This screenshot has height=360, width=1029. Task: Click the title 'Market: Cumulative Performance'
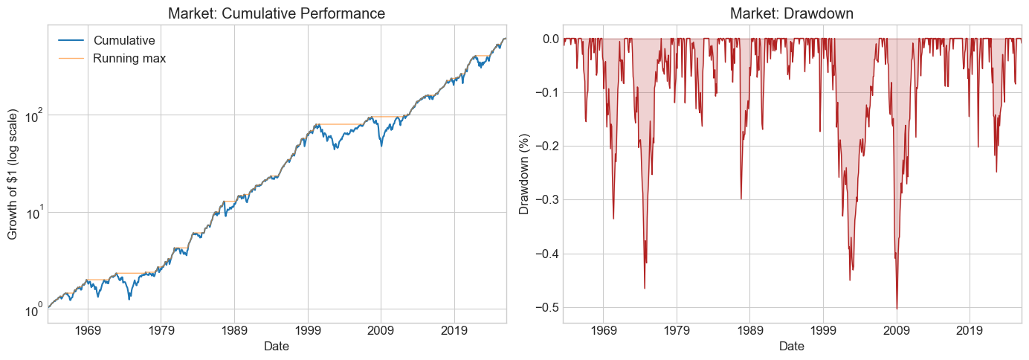coord(277,13)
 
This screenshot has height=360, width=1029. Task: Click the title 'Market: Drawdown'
coord(792,13)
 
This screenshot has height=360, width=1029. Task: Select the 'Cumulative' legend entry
coord(123,40)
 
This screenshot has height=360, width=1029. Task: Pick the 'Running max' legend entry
coord(129,58)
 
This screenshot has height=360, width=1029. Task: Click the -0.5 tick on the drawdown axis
coord(544,307)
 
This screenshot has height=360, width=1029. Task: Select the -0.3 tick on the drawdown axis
coord(544,199)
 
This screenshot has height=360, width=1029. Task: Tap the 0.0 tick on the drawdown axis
coord(546,38)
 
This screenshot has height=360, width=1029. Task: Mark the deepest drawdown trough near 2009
coord(897,309)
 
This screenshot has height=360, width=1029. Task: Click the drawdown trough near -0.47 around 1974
coord(645,289)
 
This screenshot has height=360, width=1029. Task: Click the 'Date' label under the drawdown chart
coord(792,347)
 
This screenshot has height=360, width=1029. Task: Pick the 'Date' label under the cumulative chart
coord(277,347)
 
